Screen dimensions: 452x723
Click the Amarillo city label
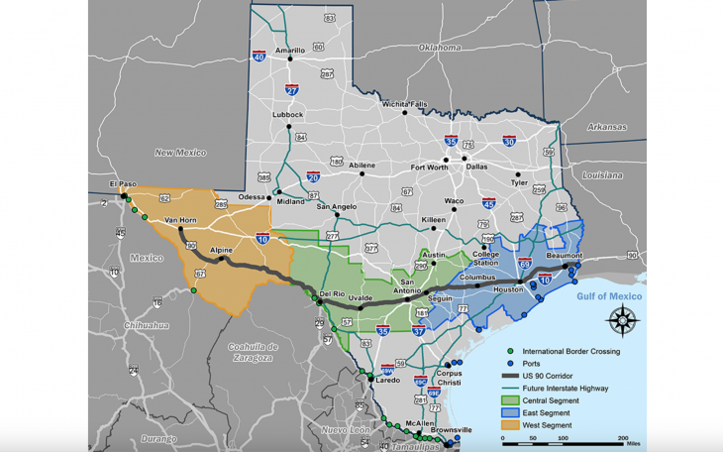(x=290, y=50)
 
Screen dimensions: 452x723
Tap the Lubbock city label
(x=287, y=114)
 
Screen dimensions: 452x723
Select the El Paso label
(x=122, y=184)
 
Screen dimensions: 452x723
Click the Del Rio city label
(x=332, y=295)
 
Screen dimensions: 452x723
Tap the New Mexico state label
(x=179, y=152)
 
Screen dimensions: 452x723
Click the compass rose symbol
(x=621, y=320)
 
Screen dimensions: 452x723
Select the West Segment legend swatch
(x=510, y=425)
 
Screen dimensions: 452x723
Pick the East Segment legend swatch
(x=510, y=413)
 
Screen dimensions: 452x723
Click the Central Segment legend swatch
(x=510, y=400)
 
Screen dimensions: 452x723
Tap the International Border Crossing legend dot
(x=510, y=352)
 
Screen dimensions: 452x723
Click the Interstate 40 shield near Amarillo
(x=258, y=56)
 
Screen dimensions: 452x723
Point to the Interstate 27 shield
(x=292, y=90)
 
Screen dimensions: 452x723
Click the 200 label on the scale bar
(x=623, y=437)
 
